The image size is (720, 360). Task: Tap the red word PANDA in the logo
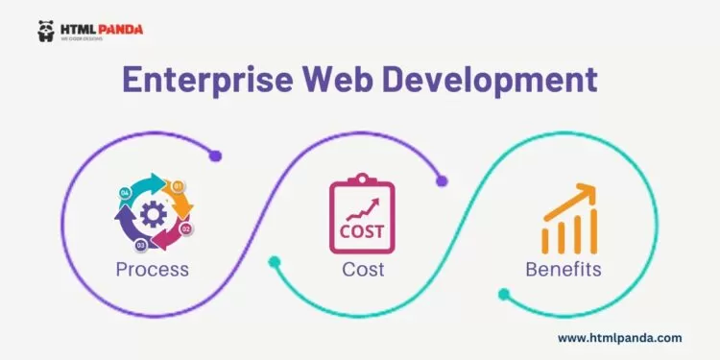coord(119,29)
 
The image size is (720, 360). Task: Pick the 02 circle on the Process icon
coord(186,228)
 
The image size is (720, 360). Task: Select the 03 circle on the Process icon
coord(141,246)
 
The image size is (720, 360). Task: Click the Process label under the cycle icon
coord(152,270)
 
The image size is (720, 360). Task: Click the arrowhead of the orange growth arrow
coord(585,187)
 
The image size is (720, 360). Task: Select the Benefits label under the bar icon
coord(563,270)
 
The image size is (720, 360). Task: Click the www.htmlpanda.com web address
coord(619,338)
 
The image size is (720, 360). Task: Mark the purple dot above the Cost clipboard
coord(441,180)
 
